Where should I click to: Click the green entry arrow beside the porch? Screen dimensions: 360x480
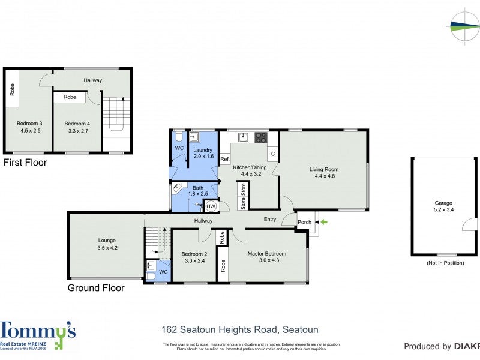click(x=324, y=222)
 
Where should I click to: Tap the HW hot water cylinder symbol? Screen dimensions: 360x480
click(x=211, y=206)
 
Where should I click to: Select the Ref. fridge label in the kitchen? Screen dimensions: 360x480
click(x=224, y=159)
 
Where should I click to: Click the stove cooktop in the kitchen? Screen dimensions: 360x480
click(x=261, y=137)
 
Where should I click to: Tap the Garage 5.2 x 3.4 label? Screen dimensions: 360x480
click(x=443, y=206)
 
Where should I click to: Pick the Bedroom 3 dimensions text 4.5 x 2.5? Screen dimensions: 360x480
click(x=30, y=130)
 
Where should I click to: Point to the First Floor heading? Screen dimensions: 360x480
click(x=25, y=163)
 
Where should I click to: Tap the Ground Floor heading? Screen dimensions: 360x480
click(x=96, y=288)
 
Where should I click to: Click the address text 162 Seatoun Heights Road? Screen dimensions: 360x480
click(x=240, y=329)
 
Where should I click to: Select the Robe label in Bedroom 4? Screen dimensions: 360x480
click(x=70, y=97)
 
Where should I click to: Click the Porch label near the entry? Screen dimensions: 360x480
click(x=304, y=222)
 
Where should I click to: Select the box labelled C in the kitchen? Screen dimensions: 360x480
click(x=272, y=154)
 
